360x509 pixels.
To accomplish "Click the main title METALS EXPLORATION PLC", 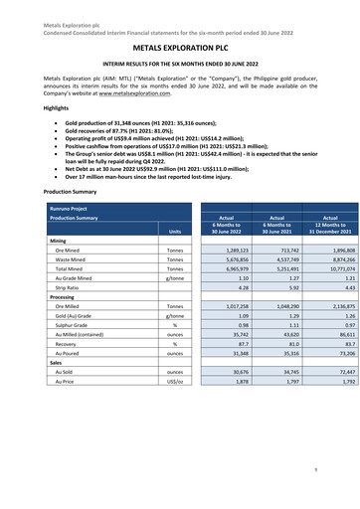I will click(180, 46).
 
